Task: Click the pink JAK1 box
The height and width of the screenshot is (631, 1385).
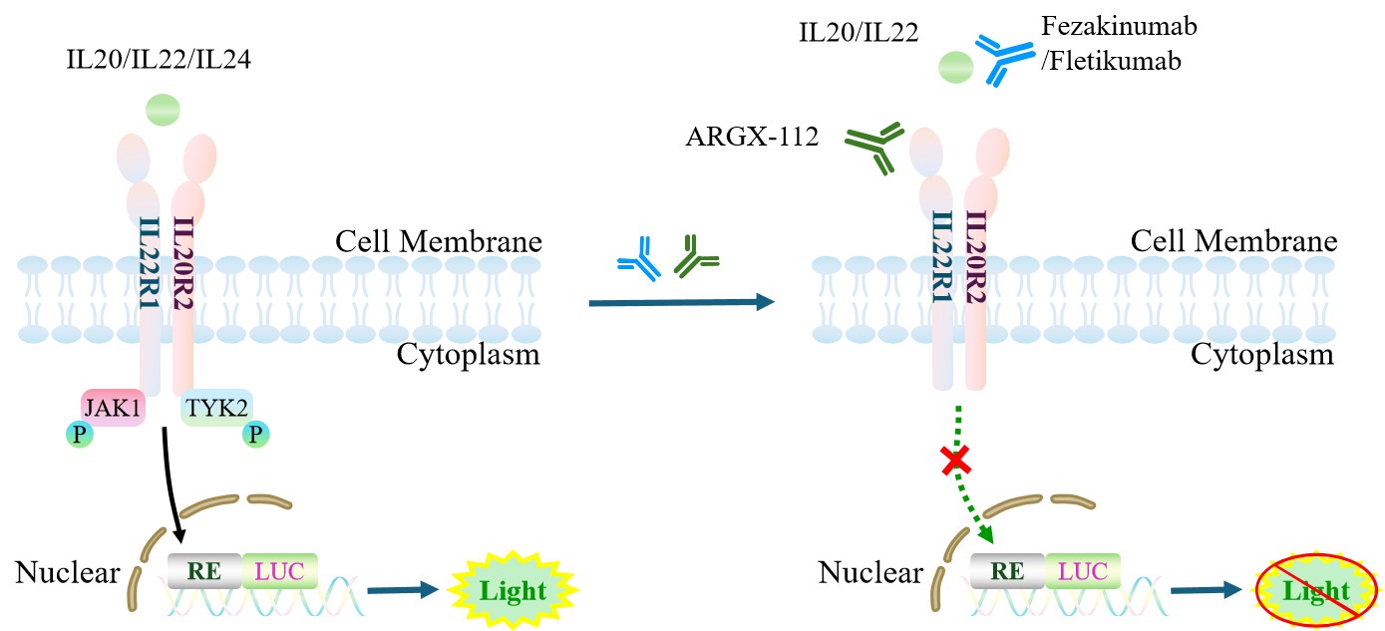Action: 113,408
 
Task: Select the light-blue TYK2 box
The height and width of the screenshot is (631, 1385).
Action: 216,408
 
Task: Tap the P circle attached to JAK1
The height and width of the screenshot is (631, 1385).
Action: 79,434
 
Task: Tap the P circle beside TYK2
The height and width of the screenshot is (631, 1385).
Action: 255,434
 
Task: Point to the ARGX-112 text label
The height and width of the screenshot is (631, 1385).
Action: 752,136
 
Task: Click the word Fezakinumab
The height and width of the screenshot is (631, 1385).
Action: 1119,26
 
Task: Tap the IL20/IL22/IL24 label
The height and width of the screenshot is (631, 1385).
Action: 159,60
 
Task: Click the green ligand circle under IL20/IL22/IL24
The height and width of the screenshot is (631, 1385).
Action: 163,110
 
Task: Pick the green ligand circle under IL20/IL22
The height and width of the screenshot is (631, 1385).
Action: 956,68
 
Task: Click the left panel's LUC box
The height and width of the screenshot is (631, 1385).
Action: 279,571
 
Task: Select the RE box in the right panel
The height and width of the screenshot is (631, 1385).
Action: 1007,571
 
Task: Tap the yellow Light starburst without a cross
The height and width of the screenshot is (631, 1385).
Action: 513,590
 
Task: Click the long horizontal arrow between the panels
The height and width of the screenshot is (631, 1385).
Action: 681,302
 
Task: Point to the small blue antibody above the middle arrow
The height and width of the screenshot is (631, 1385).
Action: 640,258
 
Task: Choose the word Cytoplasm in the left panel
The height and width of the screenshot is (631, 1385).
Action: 468,355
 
